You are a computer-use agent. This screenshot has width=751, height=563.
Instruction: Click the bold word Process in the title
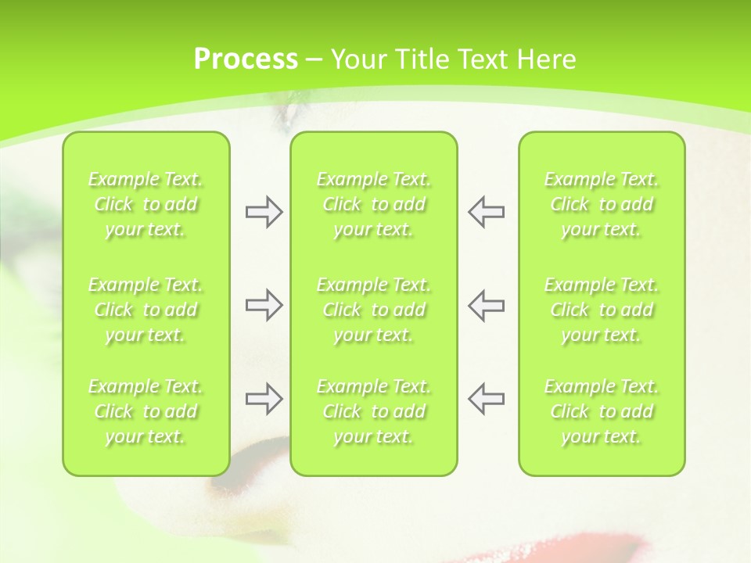point(246,59)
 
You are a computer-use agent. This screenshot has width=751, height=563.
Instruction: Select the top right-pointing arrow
point(264,212)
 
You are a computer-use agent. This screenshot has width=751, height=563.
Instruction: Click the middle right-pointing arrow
point(264,305)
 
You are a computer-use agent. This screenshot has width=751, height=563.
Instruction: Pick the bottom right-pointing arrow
point(264,399)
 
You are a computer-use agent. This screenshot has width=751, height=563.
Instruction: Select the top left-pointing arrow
point(487,212)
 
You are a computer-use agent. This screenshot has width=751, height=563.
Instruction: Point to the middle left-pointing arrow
point(487,305)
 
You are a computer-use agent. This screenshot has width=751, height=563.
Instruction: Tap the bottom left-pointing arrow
point(487,399)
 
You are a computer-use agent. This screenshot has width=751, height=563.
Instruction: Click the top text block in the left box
point(146,204)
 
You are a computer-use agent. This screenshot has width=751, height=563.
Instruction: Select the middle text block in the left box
point(146,310)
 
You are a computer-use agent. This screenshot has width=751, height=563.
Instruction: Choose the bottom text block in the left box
point(146,411)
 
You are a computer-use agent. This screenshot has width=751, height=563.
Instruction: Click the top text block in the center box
point(373,204)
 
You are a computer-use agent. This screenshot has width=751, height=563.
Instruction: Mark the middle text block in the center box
point(373,310)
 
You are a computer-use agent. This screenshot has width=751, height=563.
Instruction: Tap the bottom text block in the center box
point(373,411)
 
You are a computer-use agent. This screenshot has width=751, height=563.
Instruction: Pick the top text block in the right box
point(602,204)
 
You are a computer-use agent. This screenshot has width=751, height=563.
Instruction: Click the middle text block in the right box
point(602,310)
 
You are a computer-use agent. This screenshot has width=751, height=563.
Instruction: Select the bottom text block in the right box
point(602,411)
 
